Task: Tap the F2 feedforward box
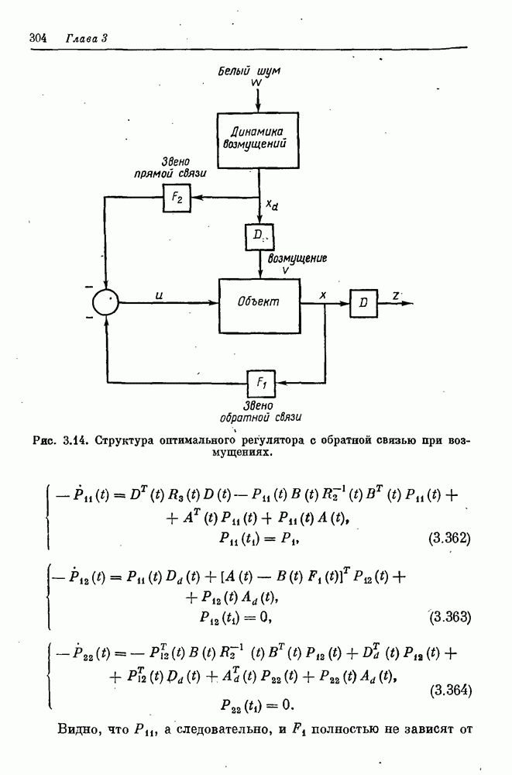coord(174,198)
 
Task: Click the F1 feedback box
coord(259,381)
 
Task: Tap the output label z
coord(396,296)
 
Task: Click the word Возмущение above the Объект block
coord(297,257)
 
